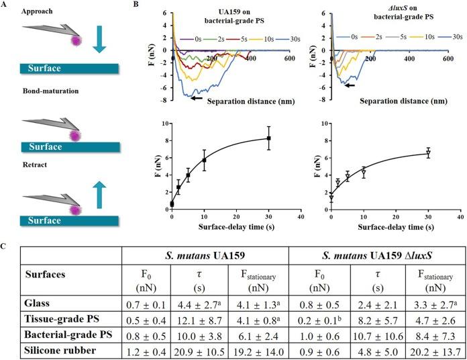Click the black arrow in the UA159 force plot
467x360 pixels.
tap(195, 98)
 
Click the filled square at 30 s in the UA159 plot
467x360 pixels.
tap(269, 138)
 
